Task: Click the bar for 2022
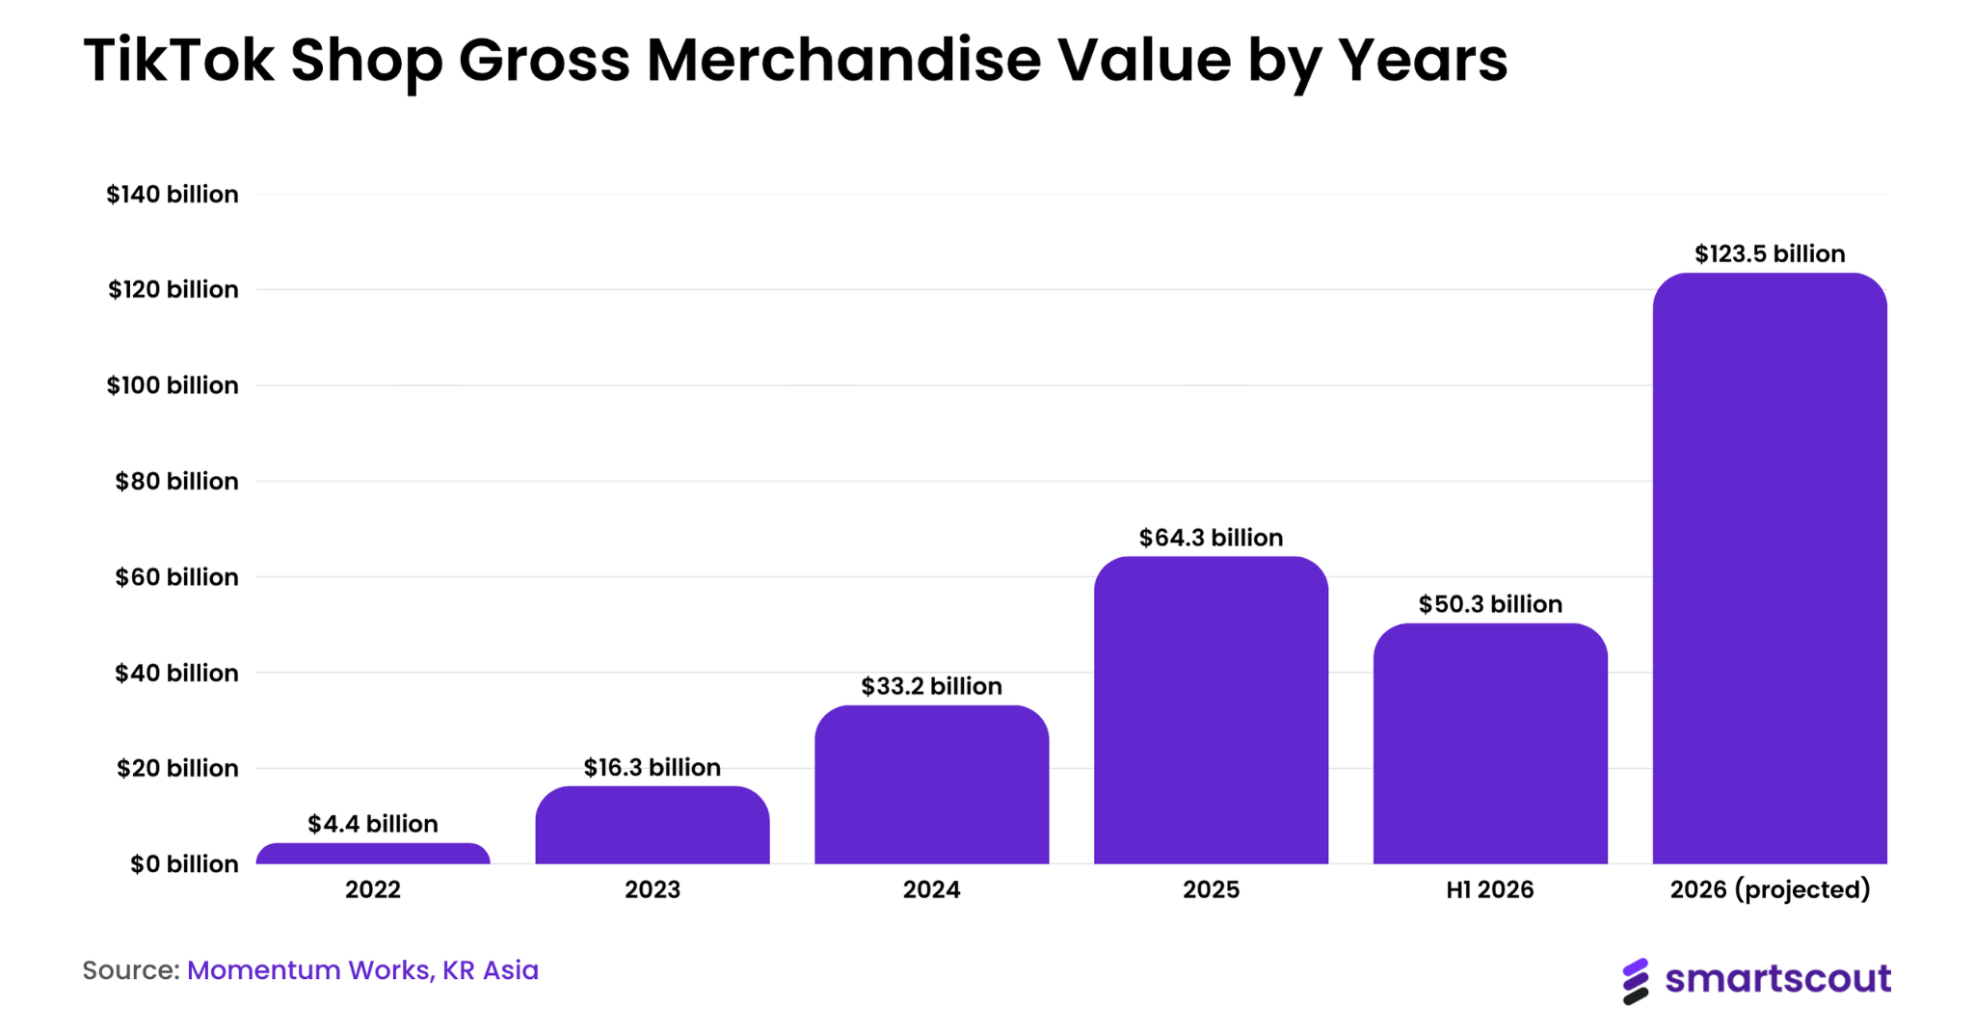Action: point(373,854)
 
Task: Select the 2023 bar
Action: point(653,825)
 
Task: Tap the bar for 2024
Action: point(932,784)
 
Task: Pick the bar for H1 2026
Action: point(1490,744)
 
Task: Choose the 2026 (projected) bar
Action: point(1770,569)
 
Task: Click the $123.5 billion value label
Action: point(1770,253)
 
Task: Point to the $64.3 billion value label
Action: point(1211,538)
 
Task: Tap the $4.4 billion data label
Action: point(373,824)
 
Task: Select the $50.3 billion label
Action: point(1490,604)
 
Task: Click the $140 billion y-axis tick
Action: point(173,195)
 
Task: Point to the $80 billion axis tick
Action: point(176,481)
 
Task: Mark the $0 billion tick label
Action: point(184,864)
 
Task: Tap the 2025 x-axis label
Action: point(1211,889)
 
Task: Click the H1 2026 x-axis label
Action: point(1490,889)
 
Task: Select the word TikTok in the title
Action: point(179,60)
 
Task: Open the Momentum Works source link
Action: point(309,970)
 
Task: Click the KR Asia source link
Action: point(491,970)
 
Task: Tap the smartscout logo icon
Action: point(1636,981)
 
